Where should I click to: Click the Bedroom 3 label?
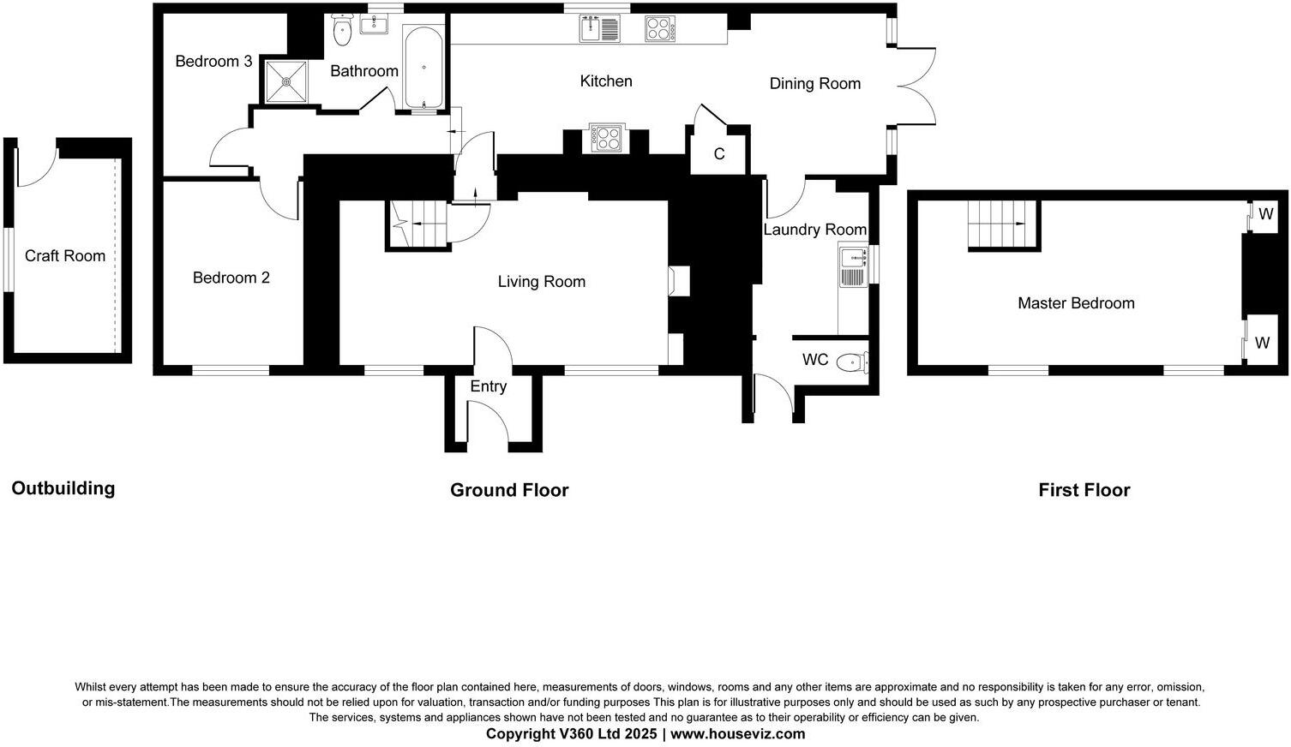coord(213,61)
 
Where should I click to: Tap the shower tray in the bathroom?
coord(286,81)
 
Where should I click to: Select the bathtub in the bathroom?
coord(423,68)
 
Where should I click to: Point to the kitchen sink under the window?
coord(600,29)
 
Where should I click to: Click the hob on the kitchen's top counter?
coord(660,29)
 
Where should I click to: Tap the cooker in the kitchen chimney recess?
coord(607,139)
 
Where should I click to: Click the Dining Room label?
coord(815,83)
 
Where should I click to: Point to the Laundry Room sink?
coord(854,266)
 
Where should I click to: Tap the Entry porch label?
coord(488,386)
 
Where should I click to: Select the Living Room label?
coord(542,282)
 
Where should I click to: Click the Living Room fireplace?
coord(679,281)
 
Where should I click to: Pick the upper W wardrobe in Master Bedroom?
coord(1263,216)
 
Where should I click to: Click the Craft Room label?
coord(65,256)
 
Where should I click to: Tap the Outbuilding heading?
coord(63,488)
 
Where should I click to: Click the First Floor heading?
coord(1084,490)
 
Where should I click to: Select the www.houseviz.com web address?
coord(738,734)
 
